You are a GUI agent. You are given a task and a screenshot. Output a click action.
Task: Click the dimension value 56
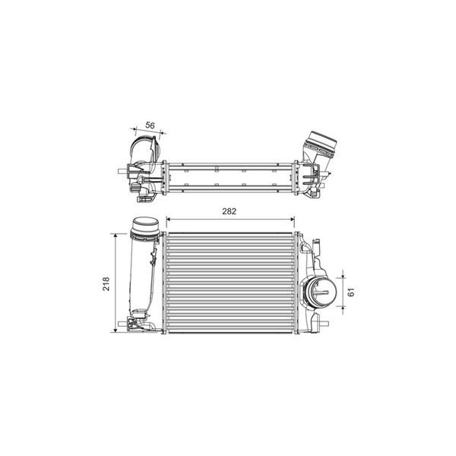pyautogui.click(x=150, y=125)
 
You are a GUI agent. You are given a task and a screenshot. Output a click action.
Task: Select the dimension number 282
pyautogui.click(x=230, y=211)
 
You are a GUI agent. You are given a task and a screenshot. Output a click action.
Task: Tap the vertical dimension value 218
pyautogui.click(x=106, y=283)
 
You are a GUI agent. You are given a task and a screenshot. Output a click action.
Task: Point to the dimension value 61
pyautogui.click(x=351, y=292)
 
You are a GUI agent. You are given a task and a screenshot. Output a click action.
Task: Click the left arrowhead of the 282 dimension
pyautogui.click(x=169, y=220)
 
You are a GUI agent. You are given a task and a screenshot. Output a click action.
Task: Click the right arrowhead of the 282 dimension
pyautogui.click(x=292, y=220)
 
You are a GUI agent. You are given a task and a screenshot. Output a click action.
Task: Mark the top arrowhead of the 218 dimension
pyautogui.click(x=116, y=236)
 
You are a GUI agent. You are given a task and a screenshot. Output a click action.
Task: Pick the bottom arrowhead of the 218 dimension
pyautogui.click(x=116, y=330)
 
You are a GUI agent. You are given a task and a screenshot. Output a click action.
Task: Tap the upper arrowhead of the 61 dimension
pyautogui.click(x=344, y=275)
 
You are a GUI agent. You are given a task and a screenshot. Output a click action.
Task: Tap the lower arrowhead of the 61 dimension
pyautogui.click(x=344, y=309)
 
